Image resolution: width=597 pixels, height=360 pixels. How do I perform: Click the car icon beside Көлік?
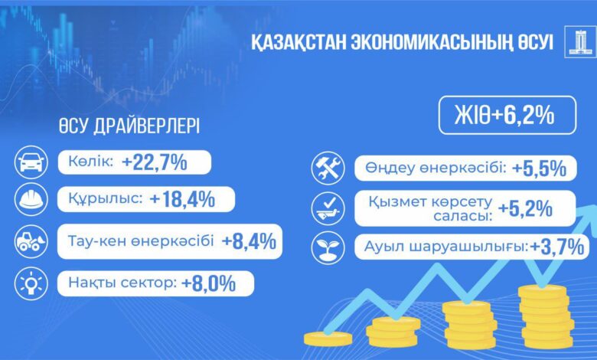[31, 162]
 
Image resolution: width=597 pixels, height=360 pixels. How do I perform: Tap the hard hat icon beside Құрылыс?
[31, 199]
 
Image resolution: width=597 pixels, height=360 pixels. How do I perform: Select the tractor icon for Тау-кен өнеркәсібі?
[31, 241]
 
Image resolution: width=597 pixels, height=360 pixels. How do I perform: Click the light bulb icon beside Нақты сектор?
[31, 283]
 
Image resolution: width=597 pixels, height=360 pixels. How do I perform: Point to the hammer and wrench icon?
[328, 168]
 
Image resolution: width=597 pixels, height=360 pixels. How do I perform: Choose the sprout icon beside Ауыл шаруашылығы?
[328, 247]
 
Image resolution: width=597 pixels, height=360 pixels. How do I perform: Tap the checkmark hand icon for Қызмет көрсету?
[328, 209]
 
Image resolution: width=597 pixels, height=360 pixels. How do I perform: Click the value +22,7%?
[155, 162]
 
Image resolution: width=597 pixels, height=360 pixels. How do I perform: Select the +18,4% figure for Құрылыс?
[183, 199]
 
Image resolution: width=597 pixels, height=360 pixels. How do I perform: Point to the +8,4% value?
[249, 241]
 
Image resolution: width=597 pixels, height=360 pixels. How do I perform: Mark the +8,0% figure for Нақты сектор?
[209, 284]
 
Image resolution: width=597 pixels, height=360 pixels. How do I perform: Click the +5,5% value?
[539, 169]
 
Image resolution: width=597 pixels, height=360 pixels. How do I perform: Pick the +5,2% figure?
[525, 208]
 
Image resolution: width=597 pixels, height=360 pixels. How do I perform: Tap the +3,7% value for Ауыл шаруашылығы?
[557, 247]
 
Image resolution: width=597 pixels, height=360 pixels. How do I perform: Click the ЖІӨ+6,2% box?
[507, 115]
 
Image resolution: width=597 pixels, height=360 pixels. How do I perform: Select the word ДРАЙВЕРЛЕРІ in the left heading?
[147, 126]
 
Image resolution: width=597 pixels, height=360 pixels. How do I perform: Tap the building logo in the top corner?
[580, 42]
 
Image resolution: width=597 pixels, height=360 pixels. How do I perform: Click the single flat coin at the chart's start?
[328, 339]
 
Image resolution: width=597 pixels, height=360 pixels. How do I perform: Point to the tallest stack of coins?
[546, 316]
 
